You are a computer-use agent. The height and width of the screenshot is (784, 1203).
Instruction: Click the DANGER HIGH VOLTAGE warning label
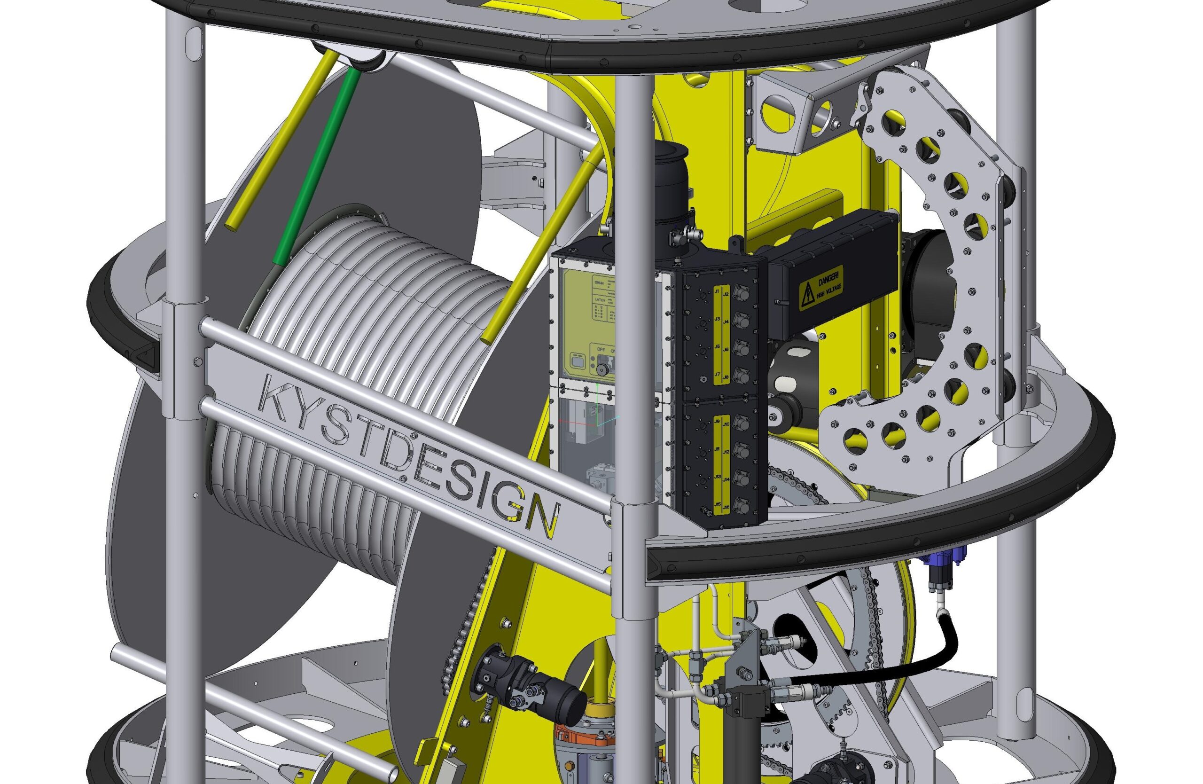[x=821, y=288]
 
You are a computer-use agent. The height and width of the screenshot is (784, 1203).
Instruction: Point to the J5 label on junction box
[x=717, y=347]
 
